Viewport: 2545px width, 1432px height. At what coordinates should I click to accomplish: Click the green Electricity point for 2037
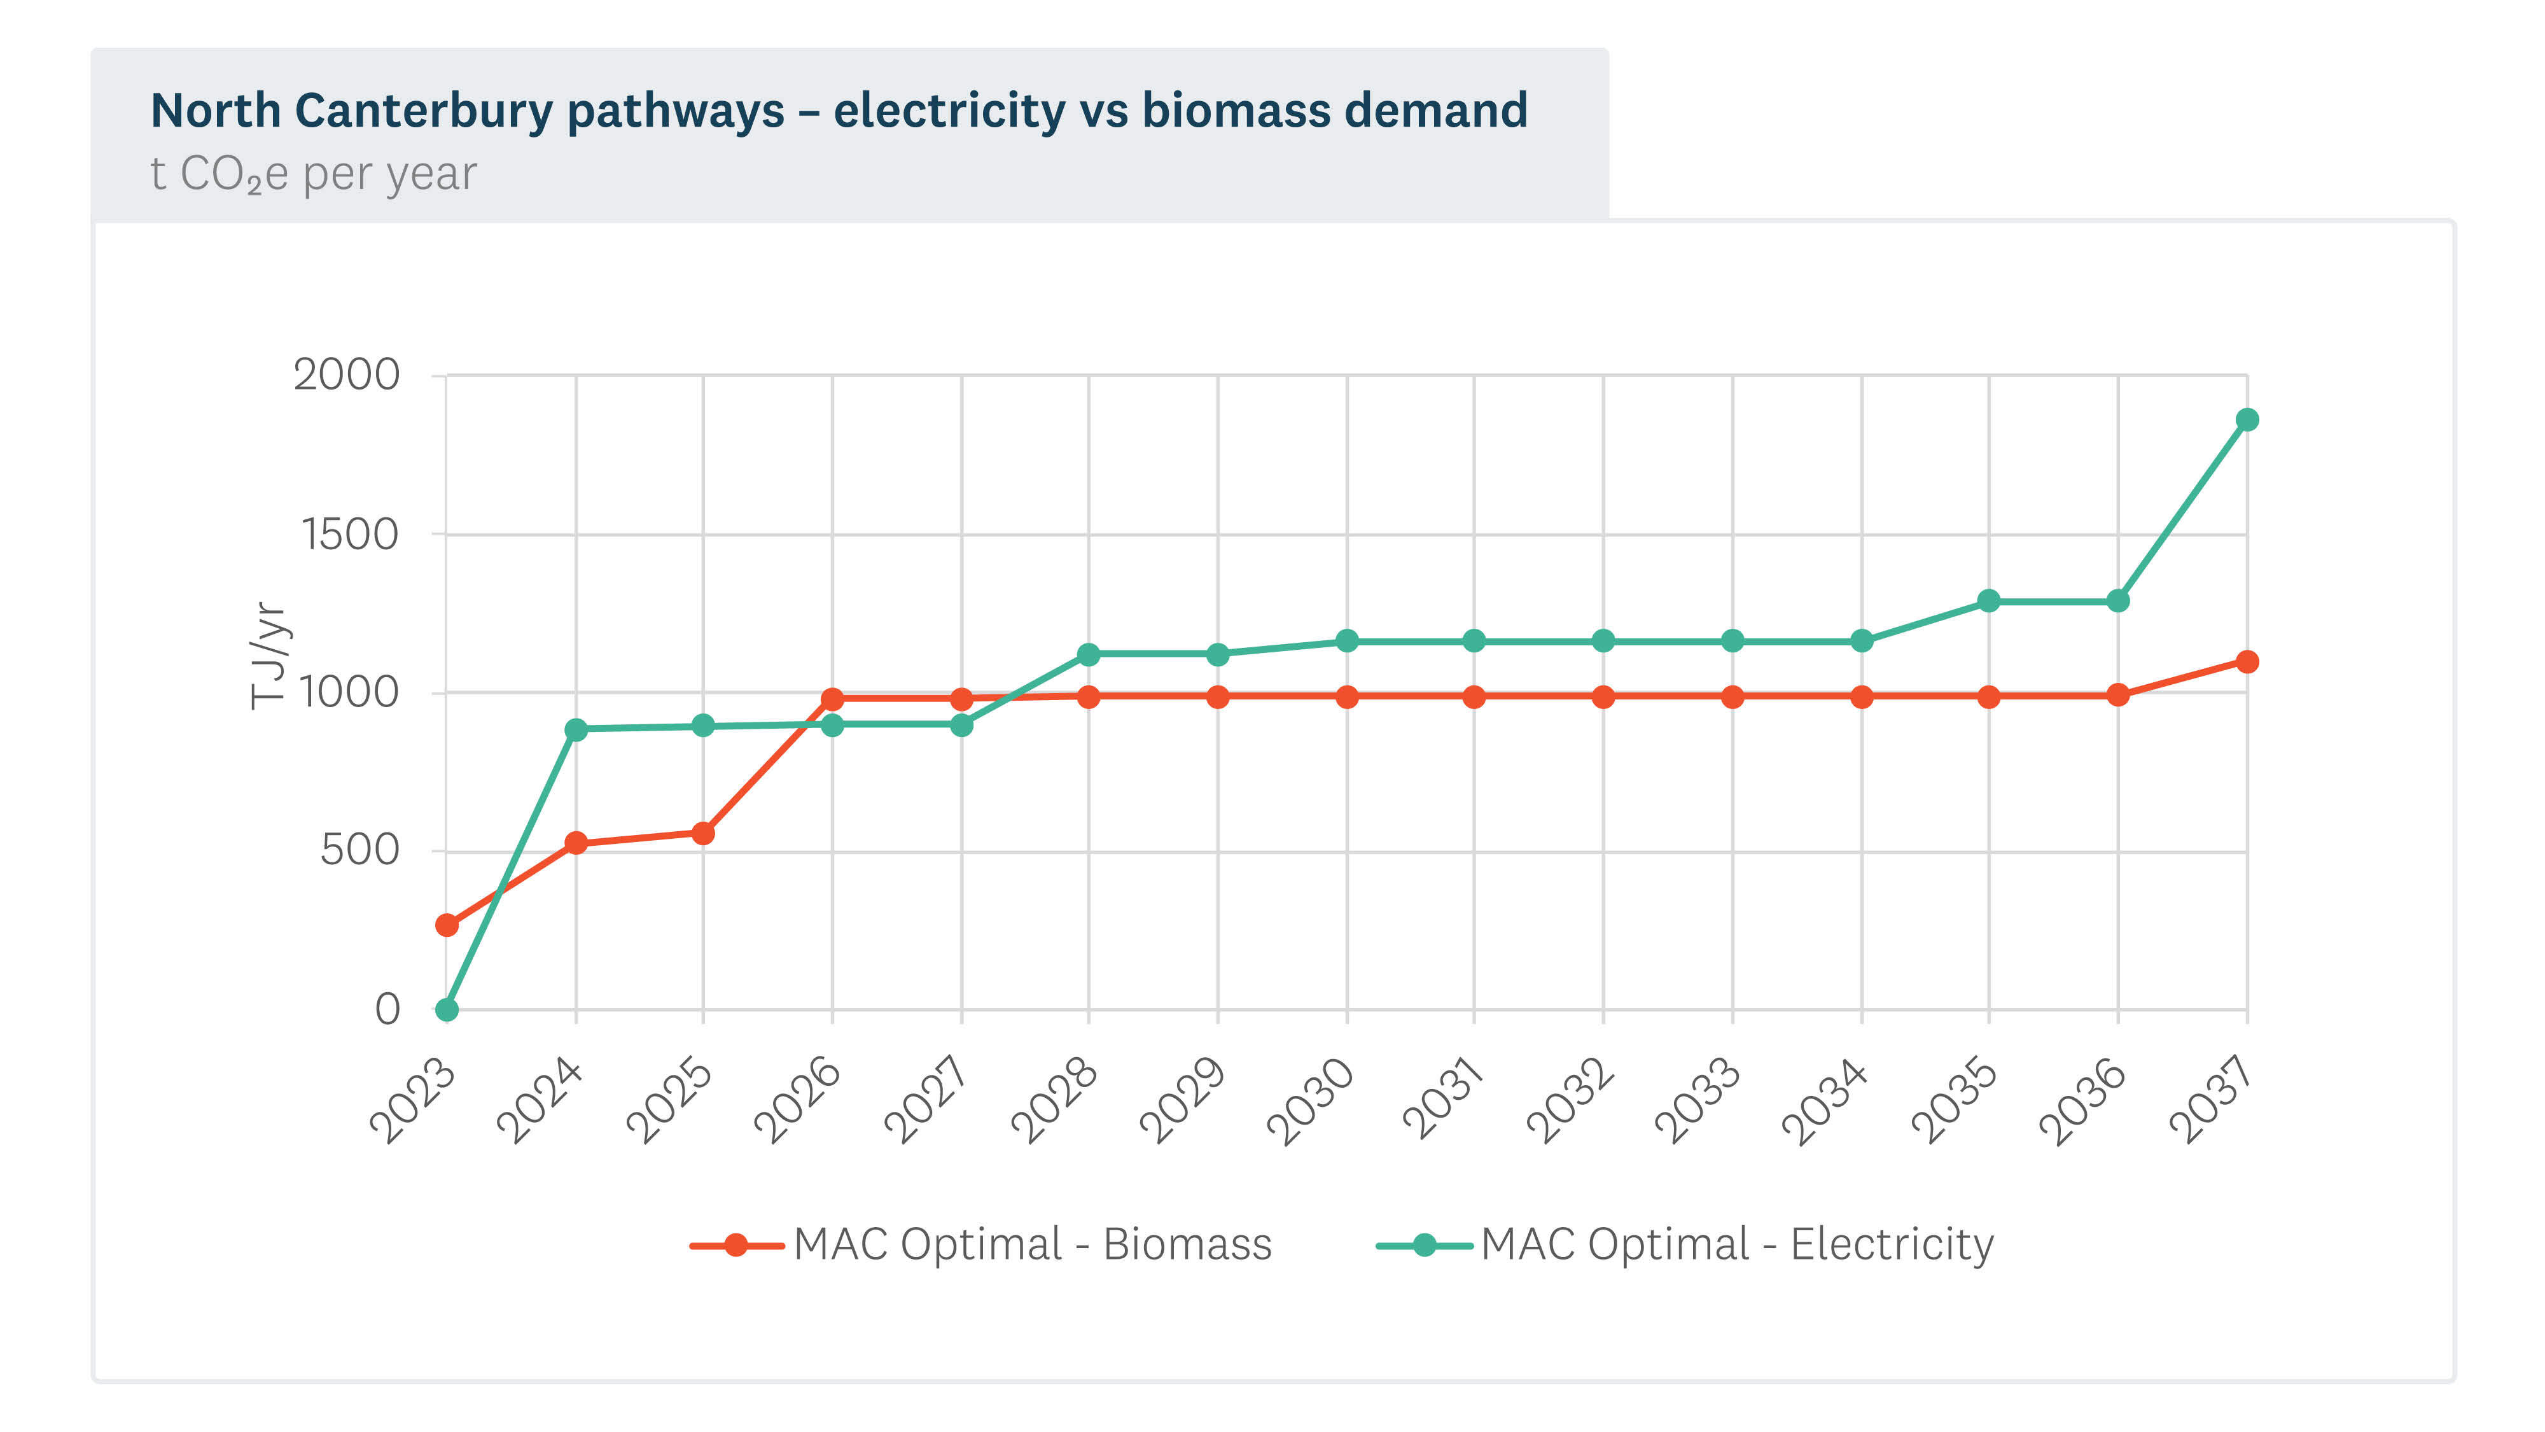pos(2247,420)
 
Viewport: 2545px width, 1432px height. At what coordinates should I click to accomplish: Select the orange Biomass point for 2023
pos(447,925)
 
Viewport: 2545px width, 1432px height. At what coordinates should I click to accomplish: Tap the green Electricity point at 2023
pos(447,1010)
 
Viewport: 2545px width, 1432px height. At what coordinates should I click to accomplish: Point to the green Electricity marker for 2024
pos(576,729)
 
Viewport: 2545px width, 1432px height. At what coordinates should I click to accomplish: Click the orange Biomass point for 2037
pos(2247,661)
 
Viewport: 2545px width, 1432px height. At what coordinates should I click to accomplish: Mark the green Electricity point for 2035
pos(1989,601)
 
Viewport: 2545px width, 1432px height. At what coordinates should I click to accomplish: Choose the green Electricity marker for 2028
pos(1089,654)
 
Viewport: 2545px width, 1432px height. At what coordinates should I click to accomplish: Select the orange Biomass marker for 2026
pos(832,699)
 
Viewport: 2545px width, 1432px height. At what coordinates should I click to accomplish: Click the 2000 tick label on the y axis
pos(345,375)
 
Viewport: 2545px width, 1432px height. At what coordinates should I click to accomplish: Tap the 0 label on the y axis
pos(387,1009)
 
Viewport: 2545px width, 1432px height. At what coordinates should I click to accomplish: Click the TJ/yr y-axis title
pos(268,656)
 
